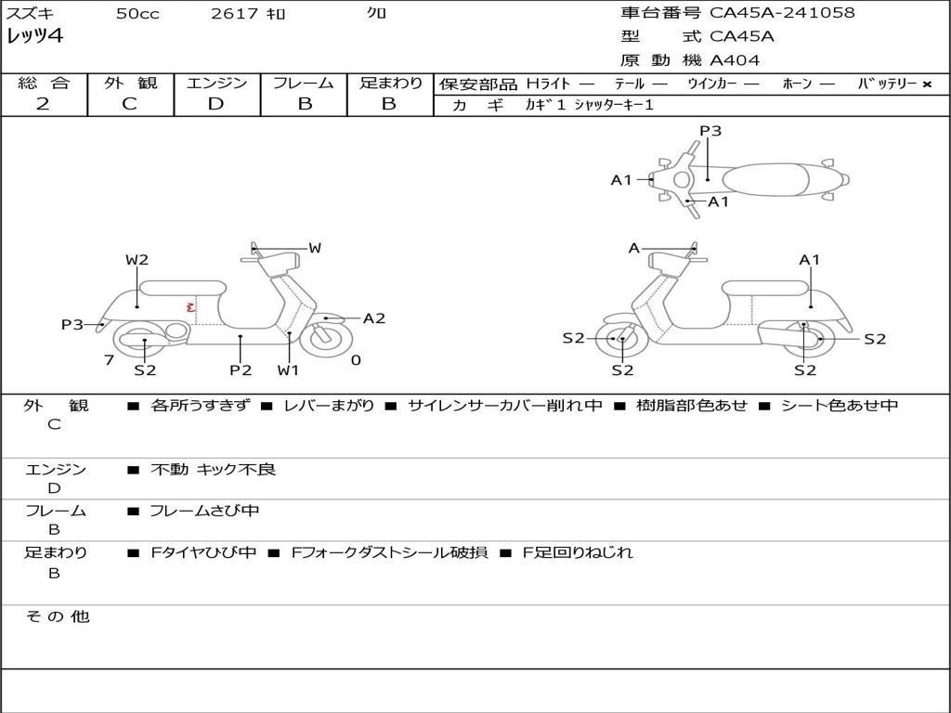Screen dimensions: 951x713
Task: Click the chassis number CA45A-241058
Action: [782, 13]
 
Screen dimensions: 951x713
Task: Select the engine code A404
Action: [735, 60]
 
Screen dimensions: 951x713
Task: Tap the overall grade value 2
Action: [43, 104]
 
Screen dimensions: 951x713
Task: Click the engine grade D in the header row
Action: [215, 104]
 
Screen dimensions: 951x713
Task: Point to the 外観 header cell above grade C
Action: [130, 83]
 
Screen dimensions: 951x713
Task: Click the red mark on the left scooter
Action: [190, 306]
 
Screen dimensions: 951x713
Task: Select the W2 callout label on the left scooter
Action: [137, 260]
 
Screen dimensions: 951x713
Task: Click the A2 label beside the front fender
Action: [374, 318]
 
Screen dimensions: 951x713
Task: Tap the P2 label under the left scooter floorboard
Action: [241, 369]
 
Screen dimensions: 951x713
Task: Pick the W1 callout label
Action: [288, 369]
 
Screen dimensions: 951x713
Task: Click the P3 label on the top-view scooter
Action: [710, 130]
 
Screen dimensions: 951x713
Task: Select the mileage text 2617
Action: [235, 13]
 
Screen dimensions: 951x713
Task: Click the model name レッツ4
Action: [34, 36]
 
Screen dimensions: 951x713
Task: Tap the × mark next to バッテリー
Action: [927, 84]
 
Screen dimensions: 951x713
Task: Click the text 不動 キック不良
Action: [213, 469]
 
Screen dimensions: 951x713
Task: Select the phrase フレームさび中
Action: [204, 511]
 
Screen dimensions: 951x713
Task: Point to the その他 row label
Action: [58, 616]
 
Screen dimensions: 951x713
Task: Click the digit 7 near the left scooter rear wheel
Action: [110, 360]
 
